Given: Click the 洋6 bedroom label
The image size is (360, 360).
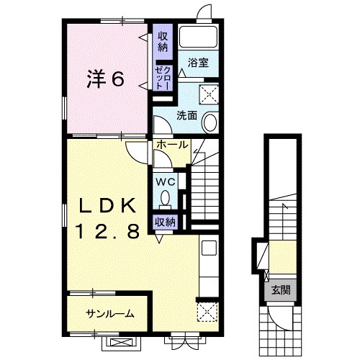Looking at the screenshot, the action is tap(105, 78).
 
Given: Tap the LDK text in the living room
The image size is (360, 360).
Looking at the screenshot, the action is tap(107, 207).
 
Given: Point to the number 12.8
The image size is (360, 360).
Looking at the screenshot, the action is tap(108, 231).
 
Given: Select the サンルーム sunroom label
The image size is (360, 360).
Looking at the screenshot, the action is tap(110, 313).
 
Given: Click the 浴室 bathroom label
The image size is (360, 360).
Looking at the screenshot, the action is tap(198, 63).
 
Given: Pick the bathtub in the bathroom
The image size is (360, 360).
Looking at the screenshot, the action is tap(198, 37).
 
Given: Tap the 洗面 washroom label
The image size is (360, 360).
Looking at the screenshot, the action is tap(186, 116).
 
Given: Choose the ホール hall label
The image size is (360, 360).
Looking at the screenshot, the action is tap(172, 145).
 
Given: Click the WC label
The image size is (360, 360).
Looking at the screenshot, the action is tap(165, 182).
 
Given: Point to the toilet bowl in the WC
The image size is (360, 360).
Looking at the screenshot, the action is tap(165, 198).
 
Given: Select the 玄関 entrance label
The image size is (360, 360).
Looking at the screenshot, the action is tap(281, 290).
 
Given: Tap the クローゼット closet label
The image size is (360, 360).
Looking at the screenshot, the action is tap(163, 78).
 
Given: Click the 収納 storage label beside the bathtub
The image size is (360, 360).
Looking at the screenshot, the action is tap(163, 42).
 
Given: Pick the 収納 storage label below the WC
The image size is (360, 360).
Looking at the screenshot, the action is tap(165, 222).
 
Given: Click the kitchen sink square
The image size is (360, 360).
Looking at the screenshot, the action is tap(209, 248).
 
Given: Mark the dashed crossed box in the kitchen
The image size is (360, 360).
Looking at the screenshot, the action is tap(207, 312).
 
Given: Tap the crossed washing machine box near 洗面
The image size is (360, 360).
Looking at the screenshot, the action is tap(209, 94).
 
